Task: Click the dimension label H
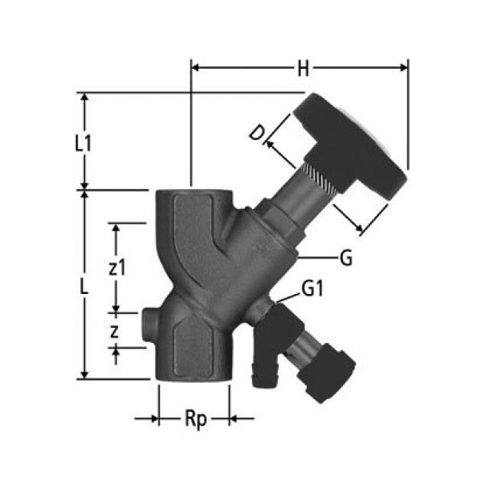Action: coord(303,69)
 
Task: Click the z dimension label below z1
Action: coord(114,331)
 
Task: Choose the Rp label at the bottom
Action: coord(195,419)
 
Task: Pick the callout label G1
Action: coord(312,289)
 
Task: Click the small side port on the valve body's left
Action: coord(149,324)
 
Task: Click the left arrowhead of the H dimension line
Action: coord(195,67)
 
